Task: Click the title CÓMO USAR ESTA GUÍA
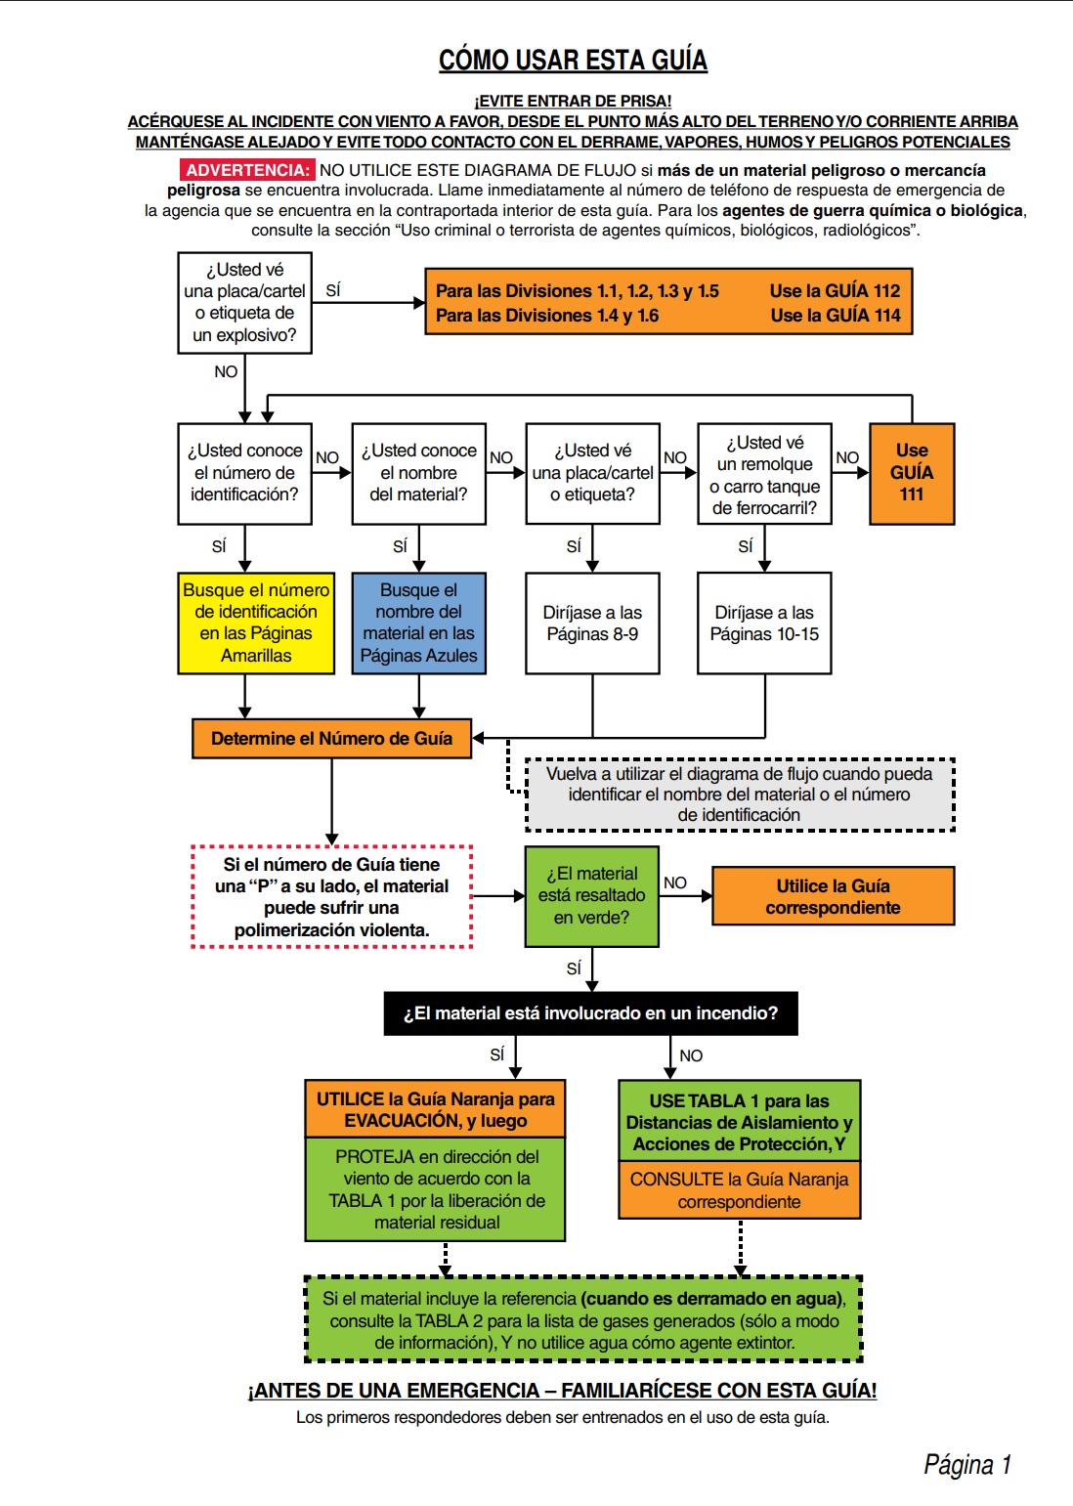[573, 61]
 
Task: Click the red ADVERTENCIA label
[246, 170]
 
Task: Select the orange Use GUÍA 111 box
[911, 473]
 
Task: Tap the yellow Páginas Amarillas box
[256, 623]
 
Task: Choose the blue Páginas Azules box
[418, 623]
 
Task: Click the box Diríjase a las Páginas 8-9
[592, 623]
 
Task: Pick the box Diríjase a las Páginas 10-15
[764, 623]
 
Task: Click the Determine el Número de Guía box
[331, 739]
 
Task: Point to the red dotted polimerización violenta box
[331, 896]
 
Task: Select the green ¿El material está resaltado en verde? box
[591, 895]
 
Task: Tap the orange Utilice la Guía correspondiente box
[833, 896]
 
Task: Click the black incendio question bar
[590, 1013]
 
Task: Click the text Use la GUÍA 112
[835, 290]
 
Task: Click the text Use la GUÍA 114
[835, 315]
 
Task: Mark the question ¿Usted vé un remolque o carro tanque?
[764, 474]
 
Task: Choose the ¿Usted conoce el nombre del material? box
[418, 473]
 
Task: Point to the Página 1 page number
[966, 1464]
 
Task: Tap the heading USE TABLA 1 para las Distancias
[739, 1121]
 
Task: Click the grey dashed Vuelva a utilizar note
[739, 795]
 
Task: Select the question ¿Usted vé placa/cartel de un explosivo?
[244, 302]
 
